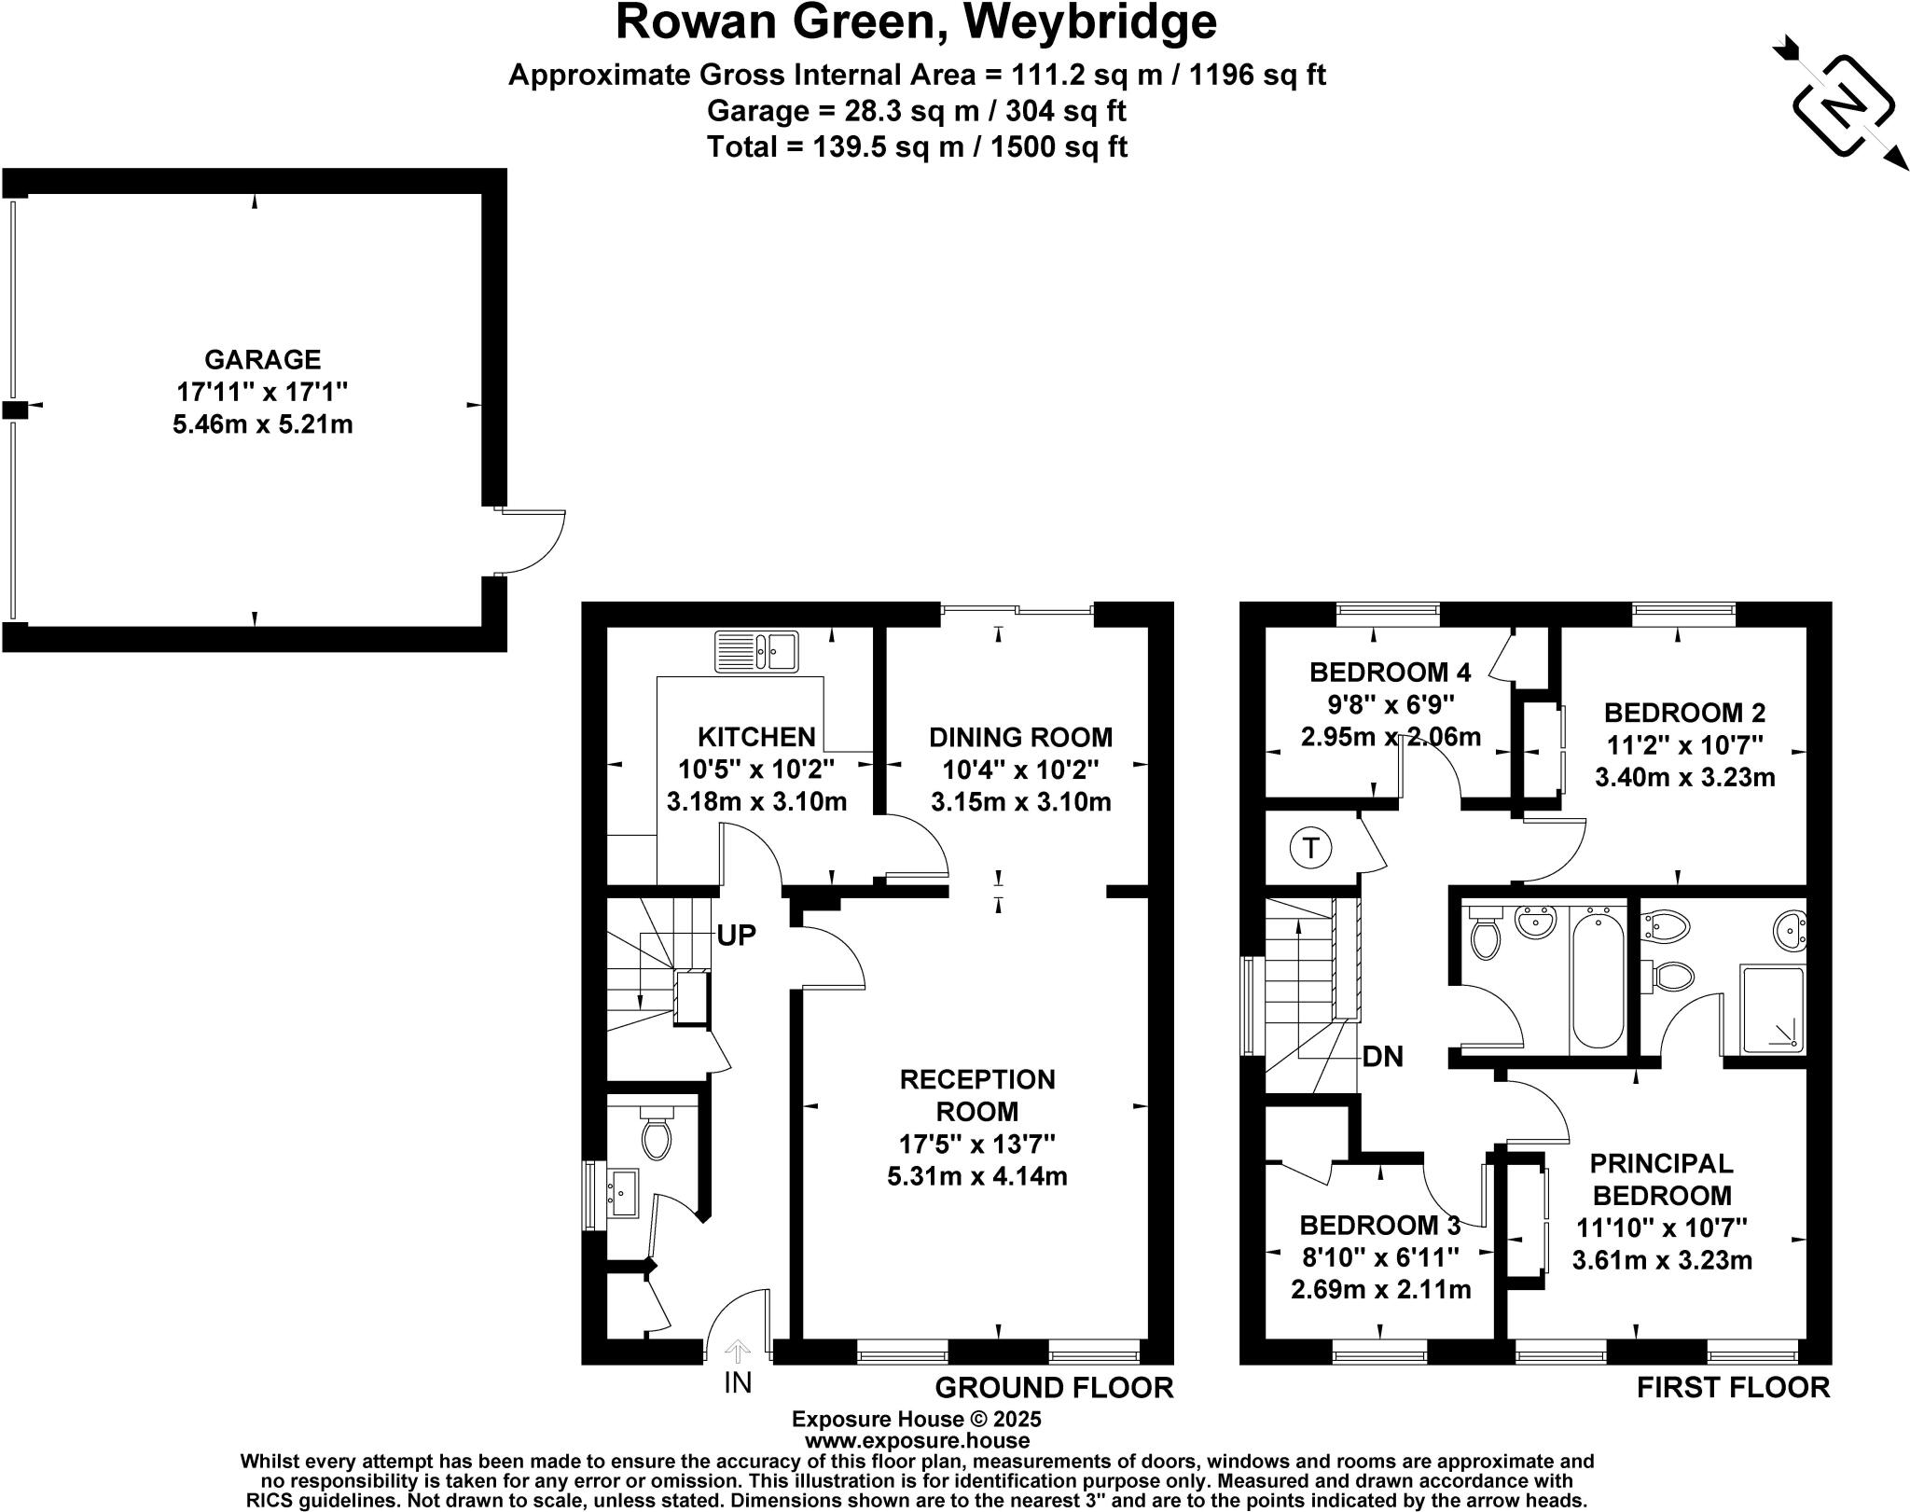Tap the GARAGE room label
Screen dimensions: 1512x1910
(263, 359)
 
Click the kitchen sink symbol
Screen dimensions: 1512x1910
(757, 651)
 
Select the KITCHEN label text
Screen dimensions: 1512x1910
(756, 737)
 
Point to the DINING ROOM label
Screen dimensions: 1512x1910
(1020, 737)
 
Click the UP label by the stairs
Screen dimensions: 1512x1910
(736, 936)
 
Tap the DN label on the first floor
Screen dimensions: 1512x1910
(1382, 1056)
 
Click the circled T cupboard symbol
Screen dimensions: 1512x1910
(1311, 849)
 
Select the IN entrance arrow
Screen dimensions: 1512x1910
(737, 1352)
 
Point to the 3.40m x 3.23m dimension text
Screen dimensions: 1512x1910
(1684, 777)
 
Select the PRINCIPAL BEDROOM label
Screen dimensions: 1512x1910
(1662, 1179)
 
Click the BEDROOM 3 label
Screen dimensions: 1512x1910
(1380, 1226)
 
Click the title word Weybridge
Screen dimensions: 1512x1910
(1089, 22)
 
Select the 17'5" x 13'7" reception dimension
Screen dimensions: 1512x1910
(976, 1143)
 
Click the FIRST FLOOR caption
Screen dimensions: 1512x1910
(1733, 1387)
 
